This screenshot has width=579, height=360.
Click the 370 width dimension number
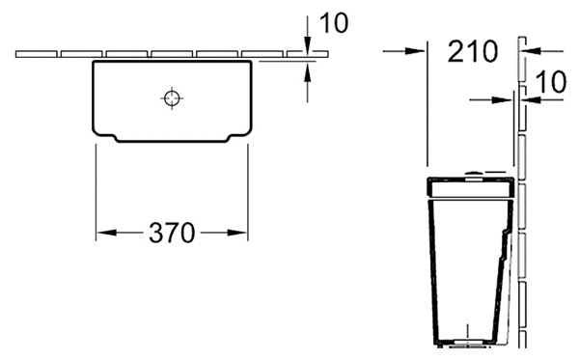point(172,233)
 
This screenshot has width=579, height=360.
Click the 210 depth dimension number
point(473,51)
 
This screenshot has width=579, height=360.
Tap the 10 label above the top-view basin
point(334,23)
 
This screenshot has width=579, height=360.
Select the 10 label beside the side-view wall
point(551,82)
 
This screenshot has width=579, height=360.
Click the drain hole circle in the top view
point(172,97)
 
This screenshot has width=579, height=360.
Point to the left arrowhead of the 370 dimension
point(106,233)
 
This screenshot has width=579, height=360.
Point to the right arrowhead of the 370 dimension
point(237,233)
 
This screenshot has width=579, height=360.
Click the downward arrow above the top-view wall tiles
point(307,33)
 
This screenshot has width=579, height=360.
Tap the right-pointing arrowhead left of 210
point(415,51)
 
